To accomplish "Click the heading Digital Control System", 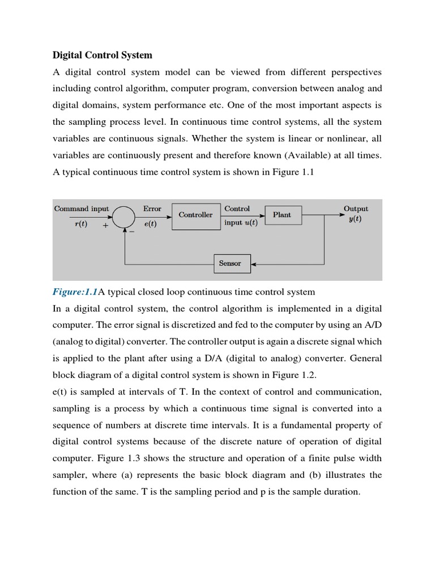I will coord(103,55).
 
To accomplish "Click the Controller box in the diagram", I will coord(195,215).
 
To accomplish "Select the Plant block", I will coord(282,215).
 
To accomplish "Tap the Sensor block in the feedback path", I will coord(229,263).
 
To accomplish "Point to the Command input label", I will coord(82,209).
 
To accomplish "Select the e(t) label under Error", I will coord(150,224).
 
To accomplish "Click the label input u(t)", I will coord(241,222).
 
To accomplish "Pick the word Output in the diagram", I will coord(356,209).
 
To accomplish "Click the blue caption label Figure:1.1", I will coord(75,292).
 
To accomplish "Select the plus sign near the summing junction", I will coord(105,225).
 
